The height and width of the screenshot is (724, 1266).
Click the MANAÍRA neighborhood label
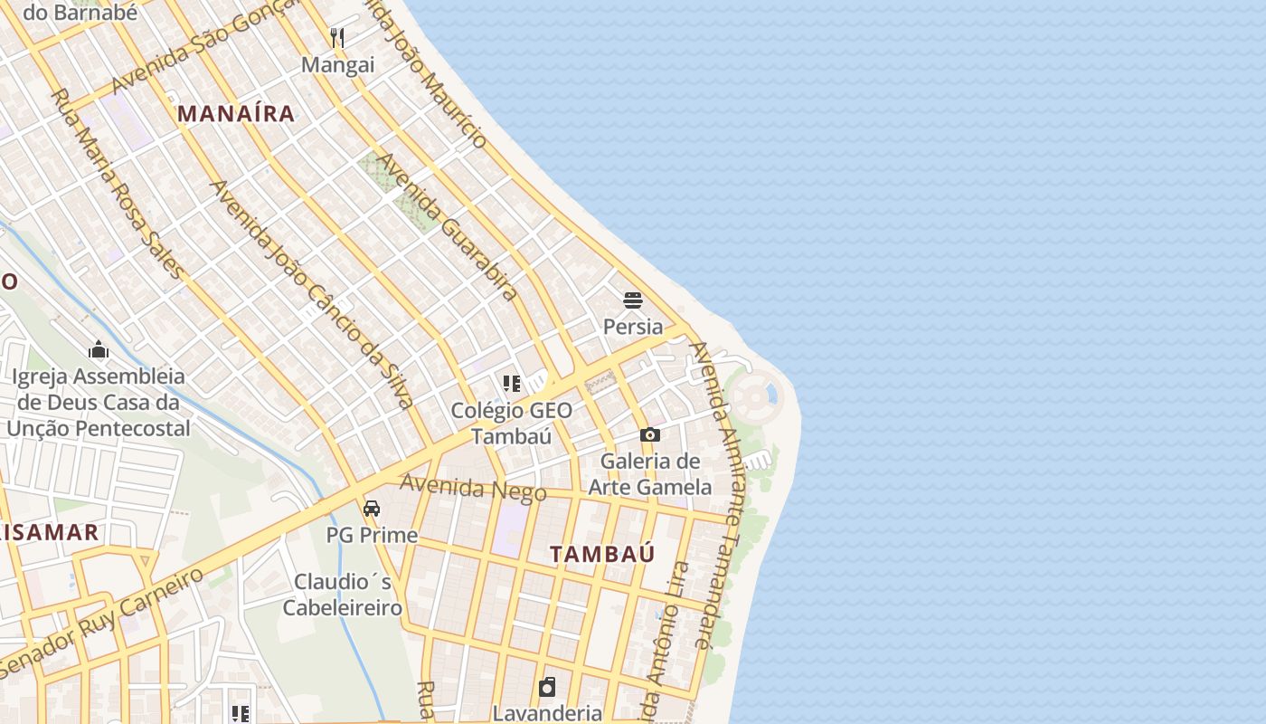(x=236, y=114)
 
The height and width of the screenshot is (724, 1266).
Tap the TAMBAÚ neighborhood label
(x=602, y=554)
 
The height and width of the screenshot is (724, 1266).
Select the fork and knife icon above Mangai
(x=337, y=38)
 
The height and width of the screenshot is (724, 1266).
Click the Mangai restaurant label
(x=337, y=65)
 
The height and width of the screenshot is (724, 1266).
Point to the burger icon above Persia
(x=633, y=300)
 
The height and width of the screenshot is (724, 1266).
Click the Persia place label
(x=633, y=326)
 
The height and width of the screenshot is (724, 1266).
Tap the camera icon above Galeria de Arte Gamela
(x=649, y=435)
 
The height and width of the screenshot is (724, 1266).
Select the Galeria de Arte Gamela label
(x=650, y=474)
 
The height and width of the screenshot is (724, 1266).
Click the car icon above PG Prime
(x=372, y=509)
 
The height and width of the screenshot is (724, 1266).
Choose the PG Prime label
(x=372, y=535)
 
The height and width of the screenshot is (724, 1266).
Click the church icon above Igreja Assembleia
(x=99, y=350)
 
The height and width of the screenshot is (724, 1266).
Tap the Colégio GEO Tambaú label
(x=512, y=423)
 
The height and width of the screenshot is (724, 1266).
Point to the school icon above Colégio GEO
(x=512, y=384)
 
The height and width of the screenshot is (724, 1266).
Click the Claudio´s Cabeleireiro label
(x=343, y=594)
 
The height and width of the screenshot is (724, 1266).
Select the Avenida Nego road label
(x=473, y=487)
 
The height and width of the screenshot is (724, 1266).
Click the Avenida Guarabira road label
(x=447, y=226)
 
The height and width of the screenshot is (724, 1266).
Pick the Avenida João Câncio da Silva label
(x=312, y=293)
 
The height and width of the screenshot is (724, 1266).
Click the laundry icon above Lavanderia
(x=547, y=688)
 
